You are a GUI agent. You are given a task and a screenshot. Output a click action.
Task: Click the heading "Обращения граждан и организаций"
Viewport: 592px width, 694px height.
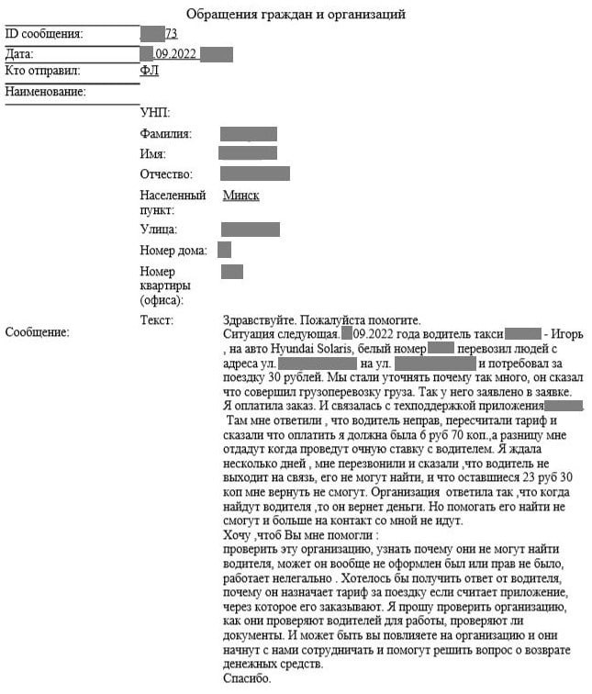coord(295,14)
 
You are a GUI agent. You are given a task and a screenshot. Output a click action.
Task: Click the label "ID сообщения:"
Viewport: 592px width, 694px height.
coord(44,34)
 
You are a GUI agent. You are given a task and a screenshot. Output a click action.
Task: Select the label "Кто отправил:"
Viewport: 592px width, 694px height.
coord(43,71)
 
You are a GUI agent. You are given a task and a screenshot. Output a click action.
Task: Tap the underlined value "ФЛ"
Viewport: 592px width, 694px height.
coord(149,71)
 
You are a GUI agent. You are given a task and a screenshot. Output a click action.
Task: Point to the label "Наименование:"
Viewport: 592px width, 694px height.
coord(45,92)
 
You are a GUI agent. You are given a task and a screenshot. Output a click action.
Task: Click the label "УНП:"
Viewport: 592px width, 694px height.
coord(154,113)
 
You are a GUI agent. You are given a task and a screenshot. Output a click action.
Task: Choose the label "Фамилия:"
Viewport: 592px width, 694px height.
coord(165,134)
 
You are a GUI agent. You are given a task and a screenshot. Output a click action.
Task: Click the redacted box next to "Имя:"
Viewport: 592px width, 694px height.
coord(248,153)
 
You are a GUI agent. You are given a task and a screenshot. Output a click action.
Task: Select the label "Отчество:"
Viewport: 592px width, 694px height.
coord(166,174)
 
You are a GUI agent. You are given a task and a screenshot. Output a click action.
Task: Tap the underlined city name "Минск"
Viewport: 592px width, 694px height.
coord(241,196)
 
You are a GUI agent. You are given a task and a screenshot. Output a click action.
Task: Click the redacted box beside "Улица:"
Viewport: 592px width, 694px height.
coord(250,229)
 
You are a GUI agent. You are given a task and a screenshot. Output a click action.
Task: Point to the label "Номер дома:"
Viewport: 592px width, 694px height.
coord(173,250)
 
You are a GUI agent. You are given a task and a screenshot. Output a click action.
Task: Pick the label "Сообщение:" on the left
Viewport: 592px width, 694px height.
coord(38,332)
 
